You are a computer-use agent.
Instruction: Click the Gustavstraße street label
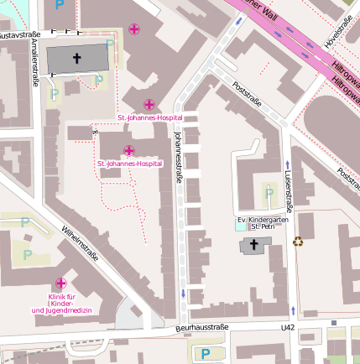click(x=15, y=36)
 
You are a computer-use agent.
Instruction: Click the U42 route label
click(x=288, y=327)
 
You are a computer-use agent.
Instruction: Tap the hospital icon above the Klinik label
click(x=60, y=284)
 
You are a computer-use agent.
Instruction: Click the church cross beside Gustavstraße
click(x=78, y=59)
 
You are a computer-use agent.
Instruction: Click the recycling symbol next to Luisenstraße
click(x=298, y=242)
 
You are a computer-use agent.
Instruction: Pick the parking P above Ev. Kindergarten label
click(x=269, y=194)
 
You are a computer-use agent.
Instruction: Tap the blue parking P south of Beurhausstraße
click(x=205, y=354)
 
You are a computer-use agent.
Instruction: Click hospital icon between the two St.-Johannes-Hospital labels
click(x=128, y=150)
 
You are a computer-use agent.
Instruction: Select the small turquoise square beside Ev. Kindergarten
click(x=242, y=226)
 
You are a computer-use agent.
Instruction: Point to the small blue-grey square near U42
click(x=333, y=322)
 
